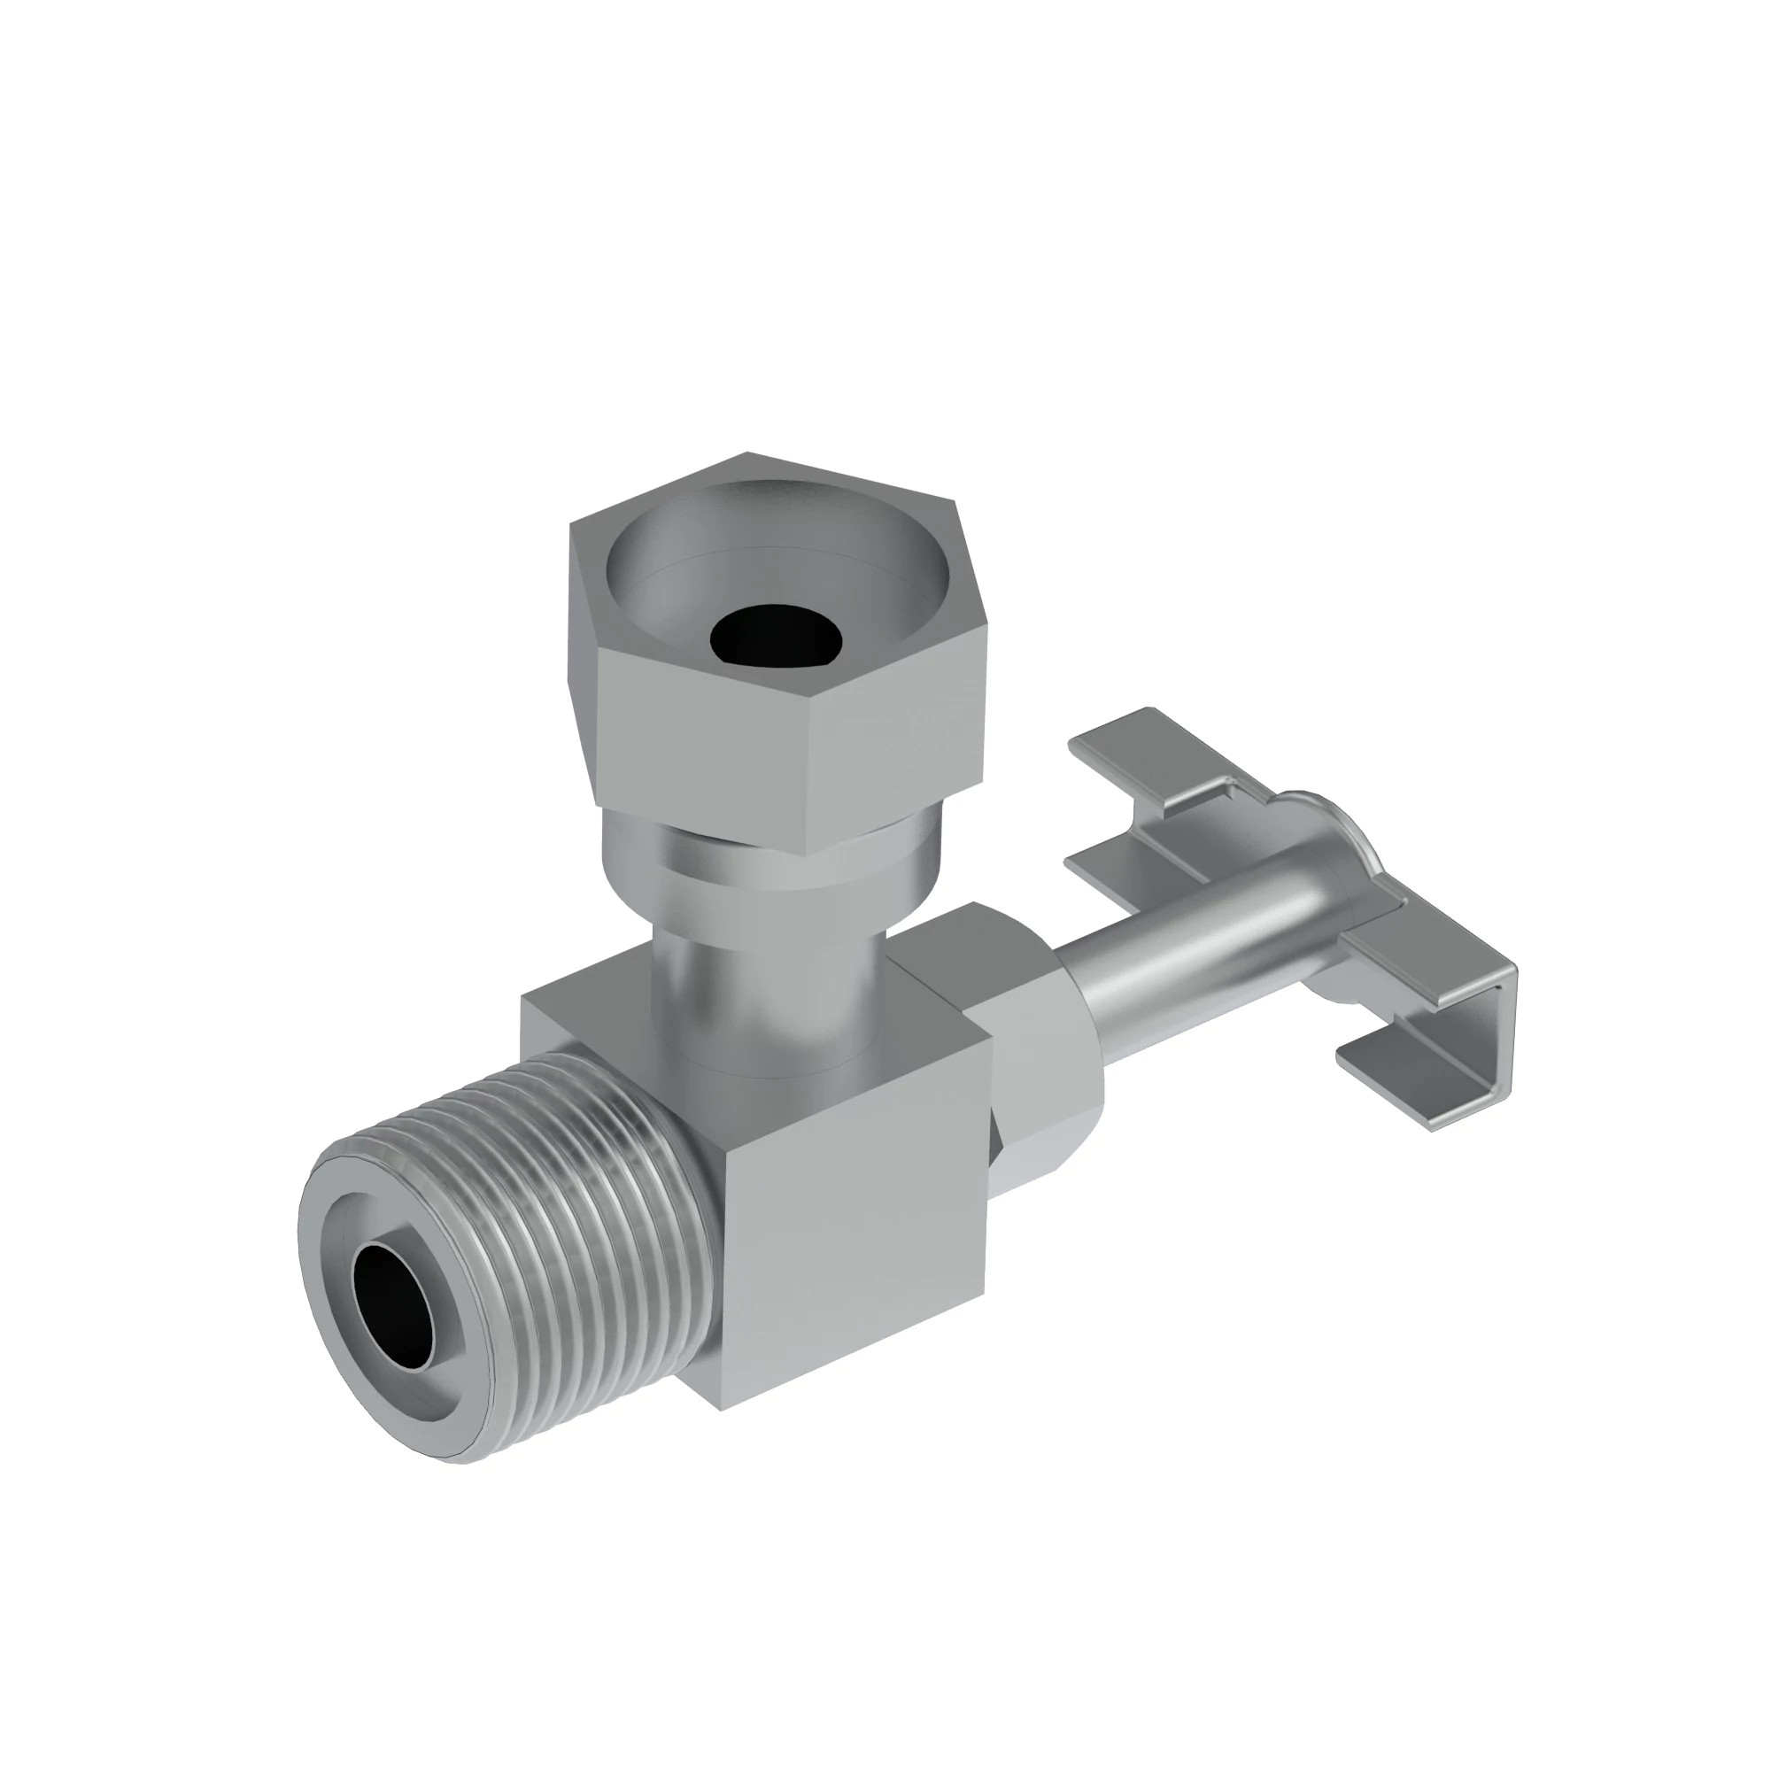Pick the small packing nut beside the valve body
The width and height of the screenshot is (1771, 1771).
[x=1045, y=1082]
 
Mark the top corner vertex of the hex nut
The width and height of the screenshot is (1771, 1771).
[x=747, y=453]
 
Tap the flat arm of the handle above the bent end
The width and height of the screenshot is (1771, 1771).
[x=1411, y=954]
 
